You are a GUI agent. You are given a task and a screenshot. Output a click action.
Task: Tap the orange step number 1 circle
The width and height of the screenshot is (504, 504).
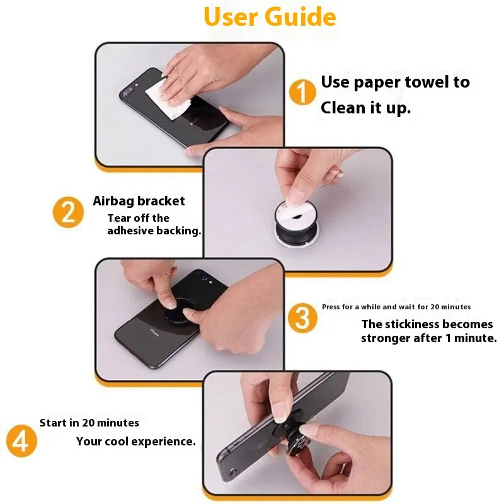coord(302,92)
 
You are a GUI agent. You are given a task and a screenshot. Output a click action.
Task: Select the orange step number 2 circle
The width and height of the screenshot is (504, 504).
coord(68,212)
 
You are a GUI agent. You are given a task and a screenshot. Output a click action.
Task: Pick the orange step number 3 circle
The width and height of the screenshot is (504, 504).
coord(302,318)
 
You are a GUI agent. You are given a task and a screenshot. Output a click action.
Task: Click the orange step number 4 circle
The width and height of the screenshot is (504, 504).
coord(21,440)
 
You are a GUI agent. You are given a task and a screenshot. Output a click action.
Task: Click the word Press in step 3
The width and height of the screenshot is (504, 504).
coord(331,307)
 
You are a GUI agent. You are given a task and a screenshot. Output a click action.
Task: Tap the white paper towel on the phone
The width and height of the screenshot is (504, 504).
coord(167,100)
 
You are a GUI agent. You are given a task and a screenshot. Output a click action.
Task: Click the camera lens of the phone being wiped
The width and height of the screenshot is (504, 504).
coord(125,93)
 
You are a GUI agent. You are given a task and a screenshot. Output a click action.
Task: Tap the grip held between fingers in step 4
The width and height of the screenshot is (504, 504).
coord(291,434)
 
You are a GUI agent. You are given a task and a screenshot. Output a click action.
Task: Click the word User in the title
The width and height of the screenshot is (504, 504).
coord(231,17)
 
